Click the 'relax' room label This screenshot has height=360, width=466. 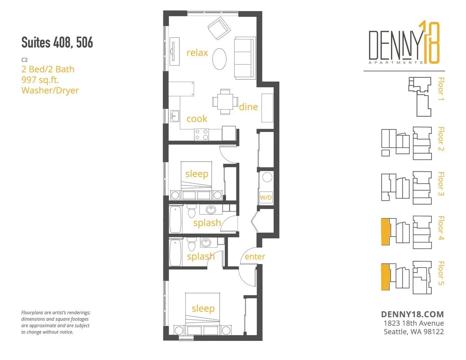[197, 53]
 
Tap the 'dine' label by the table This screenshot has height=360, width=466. [248, 107]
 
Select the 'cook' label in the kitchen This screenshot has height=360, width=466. [197, 119]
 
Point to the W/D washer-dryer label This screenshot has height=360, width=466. [266, 197]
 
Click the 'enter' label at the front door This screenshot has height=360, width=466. [255, 256]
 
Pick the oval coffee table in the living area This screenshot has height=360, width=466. [219, 59]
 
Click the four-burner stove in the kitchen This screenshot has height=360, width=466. [201, 135]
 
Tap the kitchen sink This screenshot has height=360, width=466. [175, 116]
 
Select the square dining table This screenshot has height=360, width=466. [225, 102]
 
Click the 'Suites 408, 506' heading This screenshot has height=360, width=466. [57, 42]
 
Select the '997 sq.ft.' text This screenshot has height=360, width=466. [40, 80]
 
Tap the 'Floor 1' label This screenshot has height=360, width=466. [441, 89]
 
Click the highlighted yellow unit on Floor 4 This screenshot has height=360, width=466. [386, 232]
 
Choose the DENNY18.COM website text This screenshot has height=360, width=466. [412, 314]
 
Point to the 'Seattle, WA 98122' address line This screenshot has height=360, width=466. [414, 332]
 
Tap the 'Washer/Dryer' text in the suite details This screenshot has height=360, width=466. [50, 90]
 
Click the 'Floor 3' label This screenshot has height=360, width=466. [441, 184]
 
